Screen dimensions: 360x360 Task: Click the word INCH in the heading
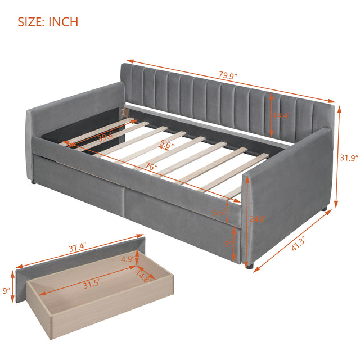[63, 22]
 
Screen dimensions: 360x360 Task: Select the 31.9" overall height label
[346, 158]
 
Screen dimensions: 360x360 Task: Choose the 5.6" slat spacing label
[165, 144]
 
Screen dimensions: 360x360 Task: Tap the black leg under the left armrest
[36, 182]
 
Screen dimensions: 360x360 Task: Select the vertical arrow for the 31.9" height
[339, 158]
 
